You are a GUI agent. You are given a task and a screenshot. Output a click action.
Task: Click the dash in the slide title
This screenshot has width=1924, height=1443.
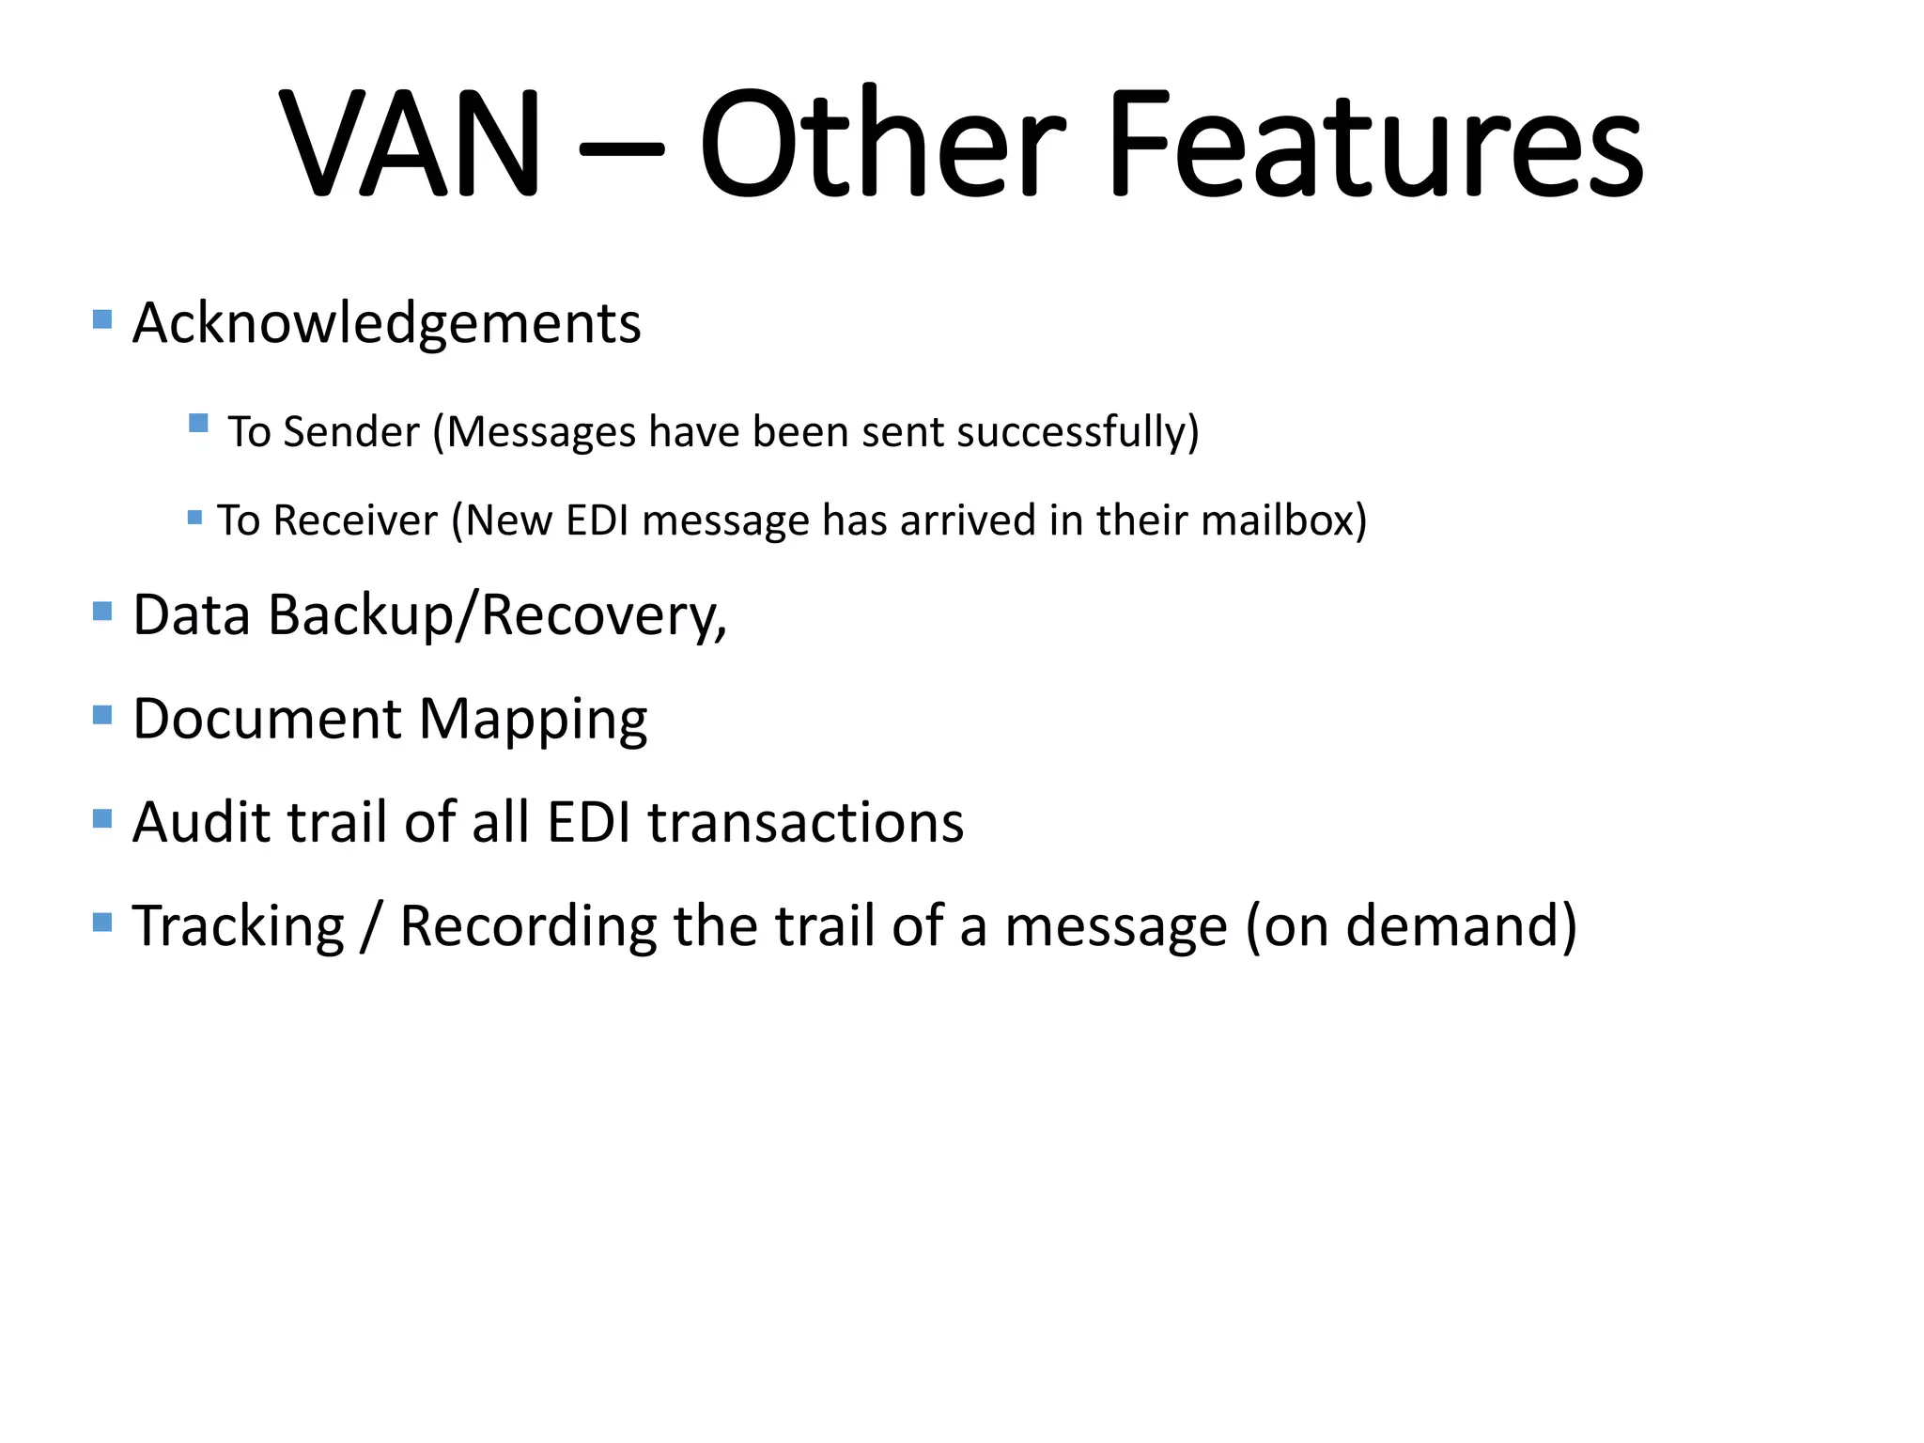point(621,148)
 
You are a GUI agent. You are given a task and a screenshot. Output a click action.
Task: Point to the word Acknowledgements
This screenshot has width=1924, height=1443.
point(386,323)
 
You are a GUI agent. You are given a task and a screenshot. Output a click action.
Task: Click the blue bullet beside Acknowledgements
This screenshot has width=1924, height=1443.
point(103,319)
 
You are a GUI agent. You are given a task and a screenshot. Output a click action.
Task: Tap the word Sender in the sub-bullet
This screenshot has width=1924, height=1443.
point(351,432)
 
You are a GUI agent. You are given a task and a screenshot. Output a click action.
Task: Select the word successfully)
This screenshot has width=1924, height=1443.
point(1078,432)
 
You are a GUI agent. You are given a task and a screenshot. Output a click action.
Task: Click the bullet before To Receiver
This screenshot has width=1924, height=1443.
point(195,518)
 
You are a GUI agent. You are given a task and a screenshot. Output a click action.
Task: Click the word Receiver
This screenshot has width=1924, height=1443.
point(355,520)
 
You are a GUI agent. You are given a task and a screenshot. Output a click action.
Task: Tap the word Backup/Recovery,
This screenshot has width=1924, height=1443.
point(497,616)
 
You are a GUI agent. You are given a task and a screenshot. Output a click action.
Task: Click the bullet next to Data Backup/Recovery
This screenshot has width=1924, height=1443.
point(103,613)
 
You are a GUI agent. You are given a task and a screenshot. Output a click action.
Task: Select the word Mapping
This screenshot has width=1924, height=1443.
point(533,721)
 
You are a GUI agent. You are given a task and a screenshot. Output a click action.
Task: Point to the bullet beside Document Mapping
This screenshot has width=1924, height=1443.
point(103,716)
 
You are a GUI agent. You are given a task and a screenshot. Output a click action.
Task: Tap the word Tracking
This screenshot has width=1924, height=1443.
point(239,926)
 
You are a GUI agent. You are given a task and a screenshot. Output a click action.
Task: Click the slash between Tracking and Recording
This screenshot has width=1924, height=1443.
point(372,926)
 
